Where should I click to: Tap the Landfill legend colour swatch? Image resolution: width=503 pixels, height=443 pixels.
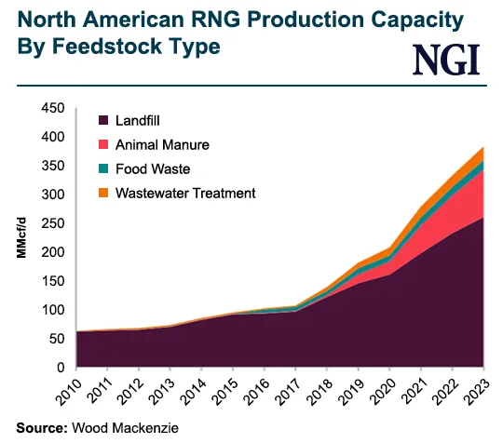coord(102,121)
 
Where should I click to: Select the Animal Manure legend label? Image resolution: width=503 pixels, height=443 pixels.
coord(163,145)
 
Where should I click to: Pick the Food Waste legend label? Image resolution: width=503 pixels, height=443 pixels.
coord(153,169)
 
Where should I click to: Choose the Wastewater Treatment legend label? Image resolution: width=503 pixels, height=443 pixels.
coord(185,194)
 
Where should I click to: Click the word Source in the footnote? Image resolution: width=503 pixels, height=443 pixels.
coord(33,428)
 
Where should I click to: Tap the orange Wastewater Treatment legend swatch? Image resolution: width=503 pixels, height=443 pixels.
coord(102,194)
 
